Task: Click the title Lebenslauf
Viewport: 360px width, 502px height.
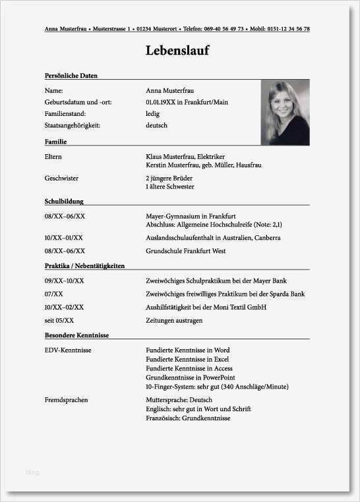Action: [x=179, y=51]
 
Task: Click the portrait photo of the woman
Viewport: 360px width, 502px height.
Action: [x=285, y=112]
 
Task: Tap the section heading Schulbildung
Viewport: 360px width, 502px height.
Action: [x=64, y=201]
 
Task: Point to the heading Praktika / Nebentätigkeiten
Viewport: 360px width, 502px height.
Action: [x=84, y=265]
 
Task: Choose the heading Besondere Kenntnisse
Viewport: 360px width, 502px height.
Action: [x=76, y=335]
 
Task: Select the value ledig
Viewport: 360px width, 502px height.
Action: [x=152, y=114]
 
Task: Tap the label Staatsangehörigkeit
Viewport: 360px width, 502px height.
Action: [x=73, y=125]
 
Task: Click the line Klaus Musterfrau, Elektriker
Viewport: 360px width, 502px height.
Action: [x=185, y=156]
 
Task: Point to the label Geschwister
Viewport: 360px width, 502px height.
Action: [x=61, y=178]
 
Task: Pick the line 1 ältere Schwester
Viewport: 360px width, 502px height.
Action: [x=169, y=187]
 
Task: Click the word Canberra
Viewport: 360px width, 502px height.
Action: [x=267, y=238]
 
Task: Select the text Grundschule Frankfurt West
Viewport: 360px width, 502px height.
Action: [x=185, y=251]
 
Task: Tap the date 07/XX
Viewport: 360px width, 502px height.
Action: [x=54, y=294]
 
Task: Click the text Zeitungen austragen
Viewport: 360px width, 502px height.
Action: [x=174, y=320]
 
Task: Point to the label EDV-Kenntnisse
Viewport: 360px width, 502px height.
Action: [x=68, y=350]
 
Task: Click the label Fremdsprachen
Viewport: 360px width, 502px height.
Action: [x=66, y=400]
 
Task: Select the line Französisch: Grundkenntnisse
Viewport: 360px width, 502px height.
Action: [x=188, y=418]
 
